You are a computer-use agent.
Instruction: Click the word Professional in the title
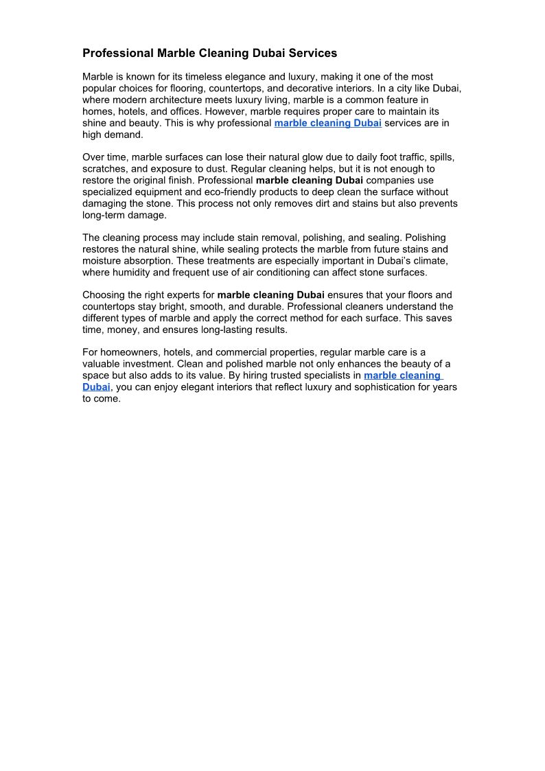click(117, 53)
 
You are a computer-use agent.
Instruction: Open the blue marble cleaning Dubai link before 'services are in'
click(327, 124)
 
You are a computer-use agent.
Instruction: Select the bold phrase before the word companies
click(309, 181)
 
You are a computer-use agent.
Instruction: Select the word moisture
click(102, 261)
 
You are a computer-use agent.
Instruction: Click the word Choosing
click(104, 295)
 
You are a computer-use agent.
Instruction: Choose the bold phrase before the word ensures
click(270, 295)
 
